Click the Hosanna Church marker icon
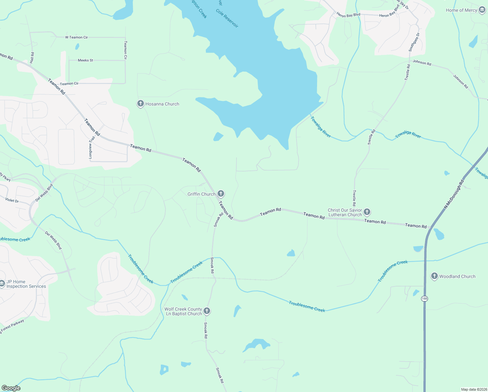[x=140, y=104]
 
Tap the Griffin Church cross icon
[x=221, y=194]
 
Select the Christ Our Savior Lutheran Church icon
[x=367, y=212]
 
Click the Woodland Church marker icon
[x=434, y=276]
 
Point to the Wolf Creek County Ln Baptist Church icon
[x=207, y=311]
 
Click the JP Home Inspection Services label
[x=26, y=284]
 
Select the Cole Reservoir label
[x=227, y=18]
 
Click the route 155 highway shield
[x=424, y=299]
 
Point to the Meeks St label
[x=85, y=60]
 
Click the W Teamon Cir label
[x=76, y=37]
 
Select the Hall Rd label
[x=32, y=58]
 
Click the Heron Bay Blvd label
[x=348, y=15]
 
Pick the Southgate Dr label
[x=414, y=42]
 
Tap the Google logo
[x=11, y=388]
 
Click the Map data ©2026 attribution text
[x=474, y=389]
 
